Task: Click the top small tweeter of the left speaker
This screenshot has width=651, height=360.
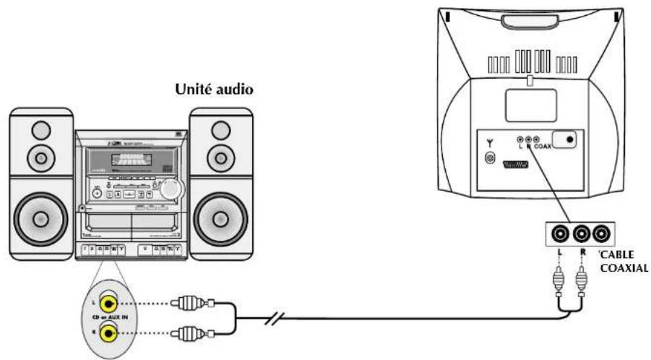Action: (x=40, y=129)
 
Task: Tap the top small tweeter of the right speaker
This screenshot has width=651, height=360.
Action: (x=220, y=129)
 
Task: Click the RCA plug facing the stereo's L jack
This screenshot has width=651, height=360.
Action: (x=185, y=303)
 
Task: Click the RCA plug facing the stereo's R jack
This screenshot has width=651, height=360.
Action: (x=185, y=333)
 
